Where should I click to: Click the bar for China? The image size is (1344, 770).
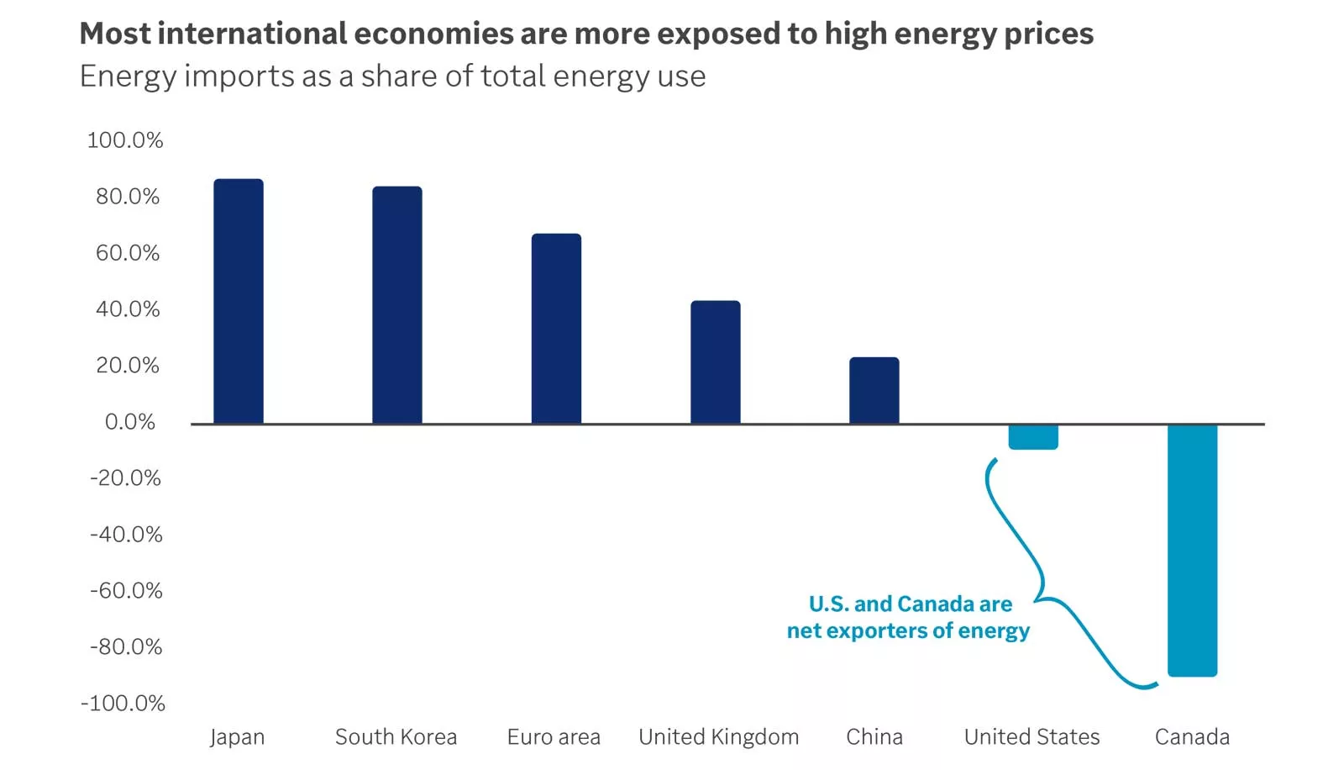coord(874,390)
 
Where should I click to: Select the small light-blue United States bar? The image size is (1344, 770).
coord(1032,437)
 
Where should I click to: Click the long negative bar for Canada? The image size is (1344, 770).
coord(1192,550)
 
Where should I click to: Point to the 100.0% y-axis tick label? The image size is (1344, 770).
coord(125,140)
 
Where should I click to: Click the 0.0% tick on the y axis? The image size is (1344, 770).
coord(130,422)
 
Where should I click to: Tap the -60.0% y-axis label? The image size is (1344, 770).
coord(126,591)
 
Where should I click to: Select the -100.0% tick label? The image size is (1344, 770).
coord(123,704)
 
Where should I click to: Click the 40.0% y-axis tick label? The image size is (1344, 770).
coord(128,309)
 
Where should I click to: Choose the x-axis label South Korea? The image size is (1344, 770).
coord(396,737)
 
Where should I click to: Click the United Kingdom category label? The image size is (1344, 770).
coord(718,737)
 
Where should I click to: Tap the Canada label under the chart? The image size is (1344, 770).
coord(1192,737)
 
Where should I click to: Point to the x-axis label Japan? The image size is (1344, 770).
coord(237,737)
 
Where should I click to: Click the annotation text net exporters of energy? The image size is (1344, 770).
coord(908,630)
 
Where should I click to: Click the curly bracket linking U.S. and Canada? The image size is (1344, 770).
coord(1042,580)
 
